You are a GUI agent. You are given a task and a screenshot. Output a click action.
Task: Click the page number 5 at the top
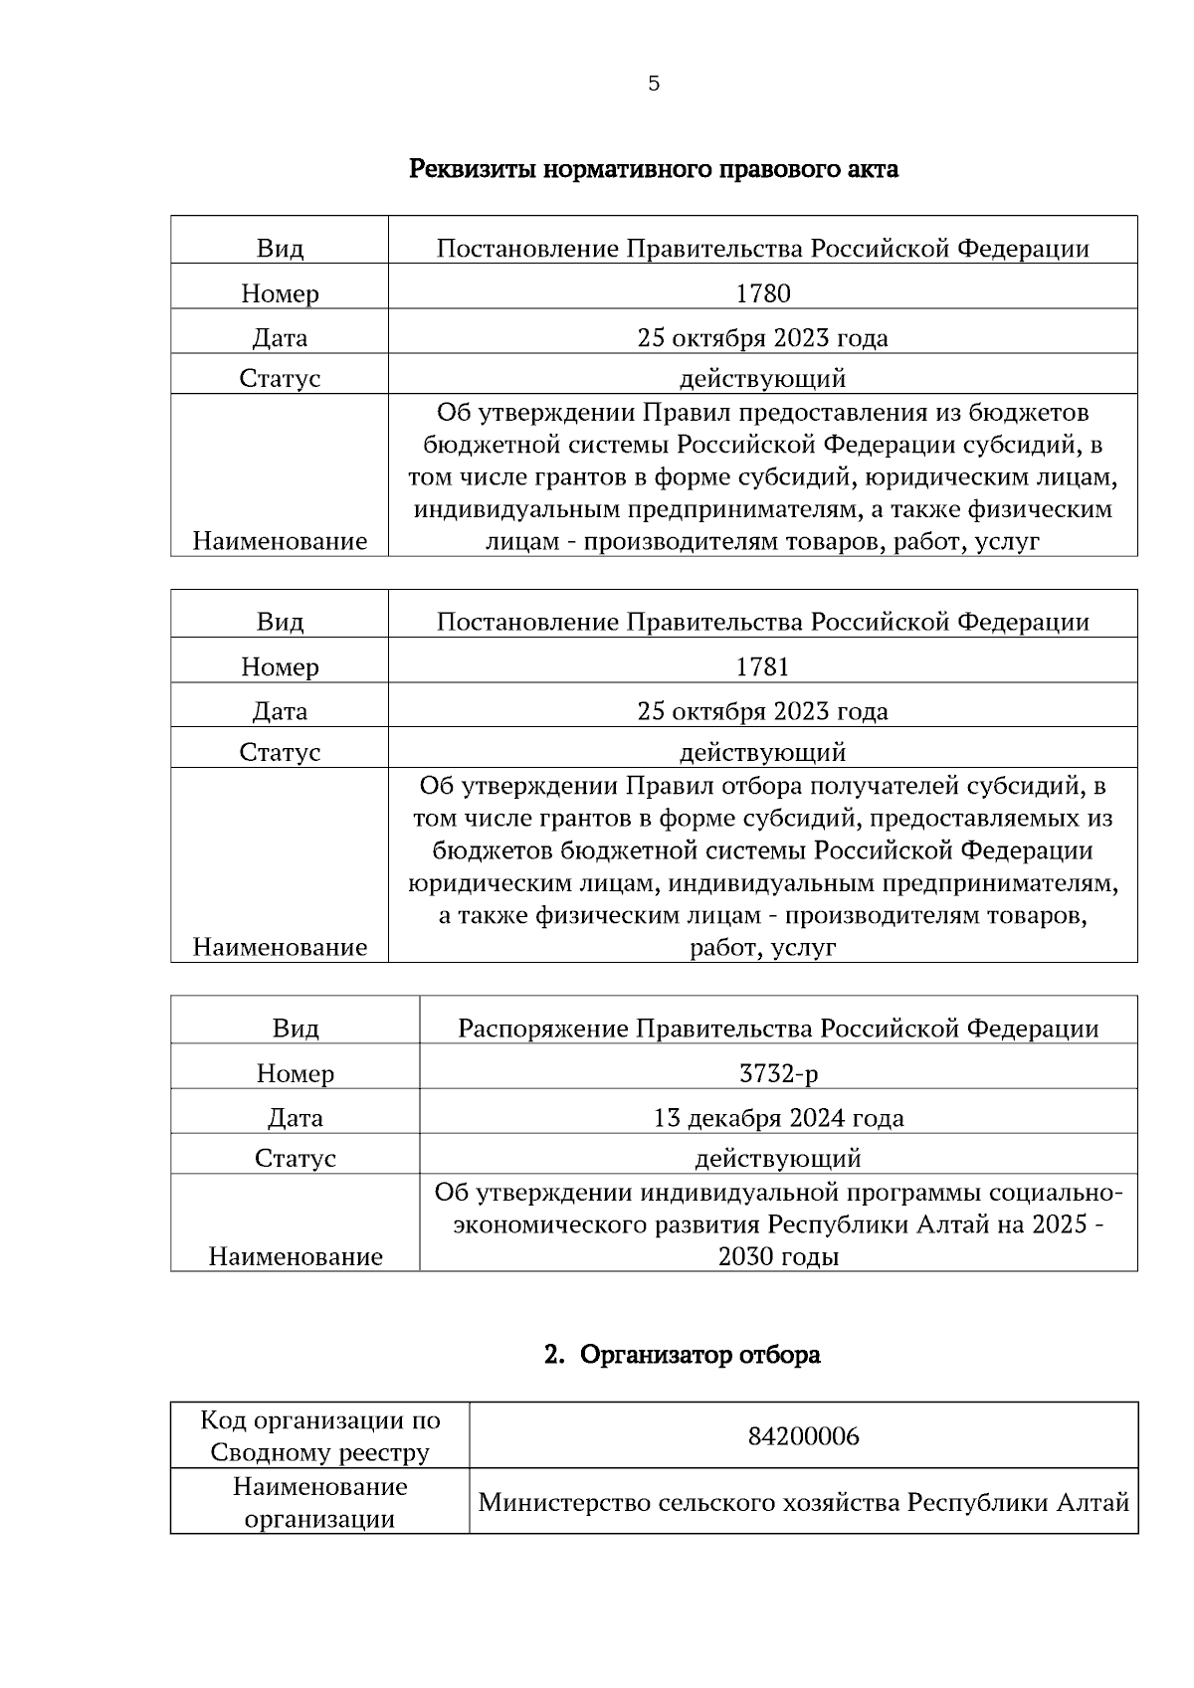point(653,85)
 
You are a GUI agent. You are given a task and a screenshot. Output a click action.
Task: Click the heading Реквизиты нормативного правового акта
point(653,169)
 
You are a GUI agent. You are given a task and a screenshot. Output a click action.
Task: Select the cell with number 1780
point(762,293)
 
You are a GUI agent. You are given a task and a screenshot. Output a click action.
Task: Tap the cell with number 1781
point(762,666)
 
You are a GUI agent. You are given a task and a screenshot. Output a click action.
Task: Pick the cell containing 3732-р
point(778,1073)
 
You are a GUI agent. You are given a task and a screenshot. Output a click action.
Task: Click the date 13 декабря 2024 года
point(778,1118)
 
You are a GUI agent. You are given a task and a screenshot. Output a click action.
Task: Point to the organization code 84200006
point(803,1437)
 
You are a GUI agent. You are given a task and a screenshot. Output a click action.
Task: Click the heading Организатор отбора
point(699,1355)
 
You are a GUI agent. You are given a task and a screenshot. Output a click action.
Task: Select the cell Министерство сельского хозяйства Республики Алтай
point(803,1502)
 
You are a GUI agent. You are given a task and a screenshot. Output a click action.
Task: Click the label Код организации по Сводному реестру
point(319,1436)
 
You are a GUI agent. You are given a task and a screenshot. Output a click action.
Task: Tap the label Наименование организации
point(319,1503)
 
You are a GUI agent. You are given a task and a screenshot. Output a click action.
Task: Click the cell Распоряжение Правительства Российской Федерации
point(778,1029)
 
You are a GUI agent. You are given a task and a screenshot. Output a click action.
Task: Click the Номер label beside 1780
point(280,294)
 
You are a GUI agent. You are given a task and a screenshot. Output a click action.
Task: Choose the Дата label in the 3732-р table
point(296,1118)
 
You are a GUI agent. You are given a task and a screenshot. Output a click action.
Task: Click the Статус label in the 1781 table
point(280,752)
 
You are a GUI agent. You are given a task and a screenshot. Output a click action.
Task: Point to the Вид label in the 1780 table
point(280,249)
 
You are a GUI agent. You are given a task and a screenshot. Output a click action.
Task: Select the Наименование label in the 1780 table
point(280,541)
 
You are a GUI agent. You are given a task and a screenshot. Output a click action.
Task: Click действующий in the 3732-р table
point(778,1159)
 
